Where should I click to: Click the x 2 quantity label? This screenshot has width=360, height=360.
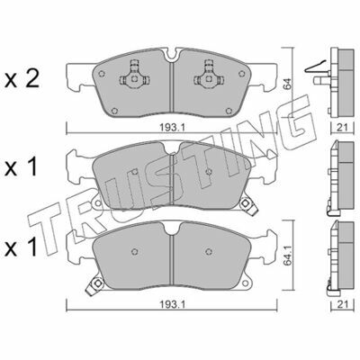pos(22,80)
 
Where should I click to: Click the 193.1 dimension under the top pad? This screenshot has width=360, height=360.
pos(171,128)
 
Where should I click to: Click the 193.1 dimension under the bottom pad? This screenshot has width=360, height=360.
pos(171,304)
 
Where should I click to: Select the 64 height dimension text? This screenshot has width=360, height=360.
pos(287,85)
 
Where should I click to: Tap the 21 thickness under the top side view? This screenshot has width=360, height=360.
pos(341,128)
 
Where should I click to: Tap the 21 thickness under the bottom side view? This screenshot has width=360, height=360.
pos(341,304)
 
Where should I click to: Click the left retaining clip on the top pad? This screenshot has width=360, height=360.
pos(134,75)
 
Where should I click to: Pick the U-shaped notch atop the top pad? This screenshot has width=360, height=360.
pos(172,55)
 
